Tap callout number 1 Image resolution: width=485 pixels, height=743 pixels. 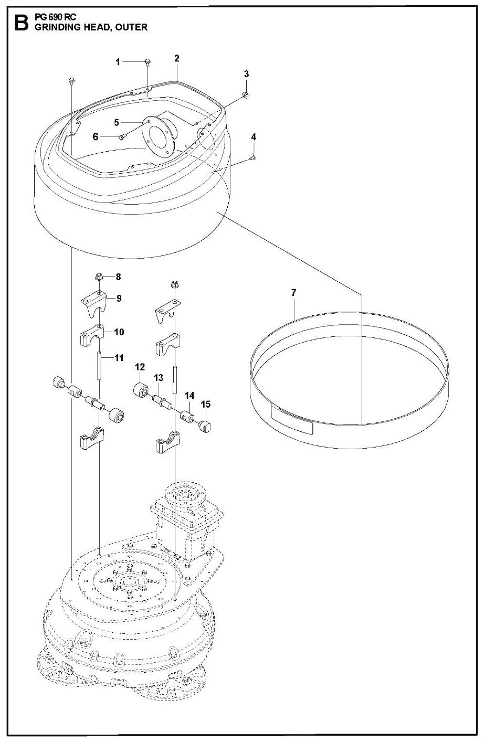pyautogui.click(x=118, y=62)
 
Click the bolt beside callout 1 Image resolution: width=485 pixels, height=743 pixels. pyautogui.click(x=147, y=62)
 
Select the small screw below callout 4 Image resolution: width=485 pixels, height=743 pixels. pyautogui.click(x=252, y=157)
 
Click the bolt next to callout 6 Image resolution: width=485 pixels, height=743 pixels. pyautogui.click(x=121, y=137)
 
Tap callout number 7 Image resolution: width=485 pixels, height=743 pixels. pyautogui.click(x=293, y=292)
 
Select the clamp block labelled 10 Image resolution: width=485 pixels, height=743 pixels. pyautogui.click(x=93, y=336)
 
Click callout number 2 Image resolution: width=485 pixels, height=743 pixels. pyautogui.click(x=177, y=58)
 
